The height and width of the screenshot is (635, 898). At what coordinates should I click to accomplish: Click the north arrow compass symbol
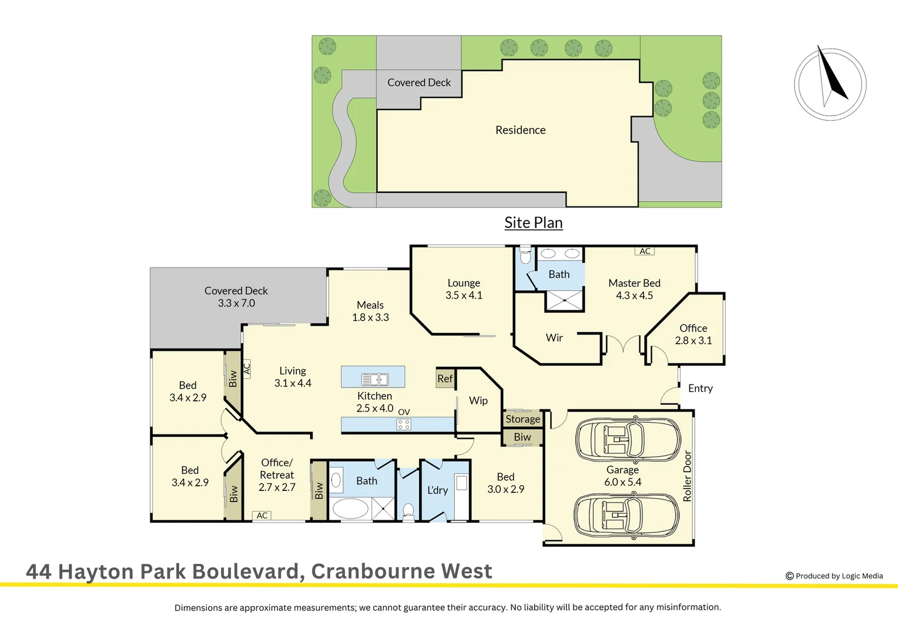coord(830,84)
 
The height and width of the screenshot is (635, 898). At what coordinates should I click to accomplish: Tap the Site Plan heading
coord(534,223)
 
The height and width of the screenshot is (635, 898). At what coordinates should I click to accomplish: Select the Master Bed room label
coord(634,289)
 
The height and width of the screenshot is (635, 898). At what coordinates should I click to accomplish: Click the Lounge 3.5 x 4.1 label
coord(464,289)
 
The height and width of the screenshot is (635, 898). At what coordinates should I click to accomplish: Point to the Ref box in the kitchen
coord(445,379)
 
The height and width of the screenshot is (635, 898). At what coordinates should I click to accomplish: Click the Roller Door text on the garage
coord(687,476)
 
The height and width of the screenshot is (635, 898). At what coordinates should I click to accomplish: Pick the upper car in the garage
coord(627,439)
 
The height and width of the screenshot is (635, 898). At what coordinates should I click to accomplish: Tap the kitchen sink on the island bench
coord(374,379)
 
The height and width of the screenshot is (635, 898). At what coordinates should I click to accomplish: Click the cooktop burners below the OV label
coord(404,424)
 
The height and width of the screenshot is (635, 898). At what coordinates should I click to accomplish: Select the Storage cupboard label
coord(522,419)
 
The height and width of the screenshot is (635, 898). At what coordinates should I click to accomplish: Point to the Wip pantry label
coord(478,400)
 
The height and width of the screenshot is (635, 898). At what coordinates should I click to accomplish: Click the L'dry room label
coord(438,490)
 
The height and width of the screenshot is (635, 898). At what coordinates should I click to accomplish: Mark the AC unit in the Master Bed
coord(645,251)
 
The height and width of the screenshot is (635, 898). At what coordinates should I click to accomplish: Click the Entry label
coord(700,388)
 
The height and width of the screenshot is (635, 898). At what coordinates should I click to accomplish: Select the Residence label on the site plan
coord(520,130)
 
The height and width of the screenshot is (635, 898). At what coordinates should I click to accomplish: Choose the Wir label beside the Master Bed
coord(554,337)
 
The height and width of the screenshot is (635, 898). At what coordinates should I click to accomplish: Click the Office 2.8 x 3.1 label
coord(693,334)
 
